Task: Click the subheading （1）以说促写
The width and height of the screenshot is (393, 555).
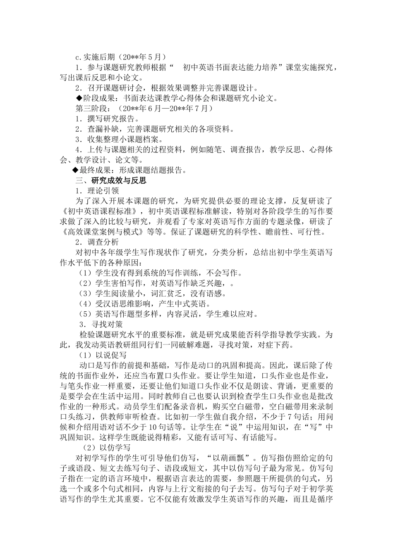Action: [x=103, y=355]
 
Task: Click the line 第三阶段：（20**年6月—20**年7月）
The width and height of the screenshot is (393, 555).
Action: [x=144, y=108]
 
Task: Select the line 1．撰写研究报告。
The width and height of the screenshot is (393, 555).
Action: [x=107, y=119]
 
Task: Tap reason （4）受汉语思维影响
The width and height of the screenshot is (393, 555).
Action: [x=141, y=304]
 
